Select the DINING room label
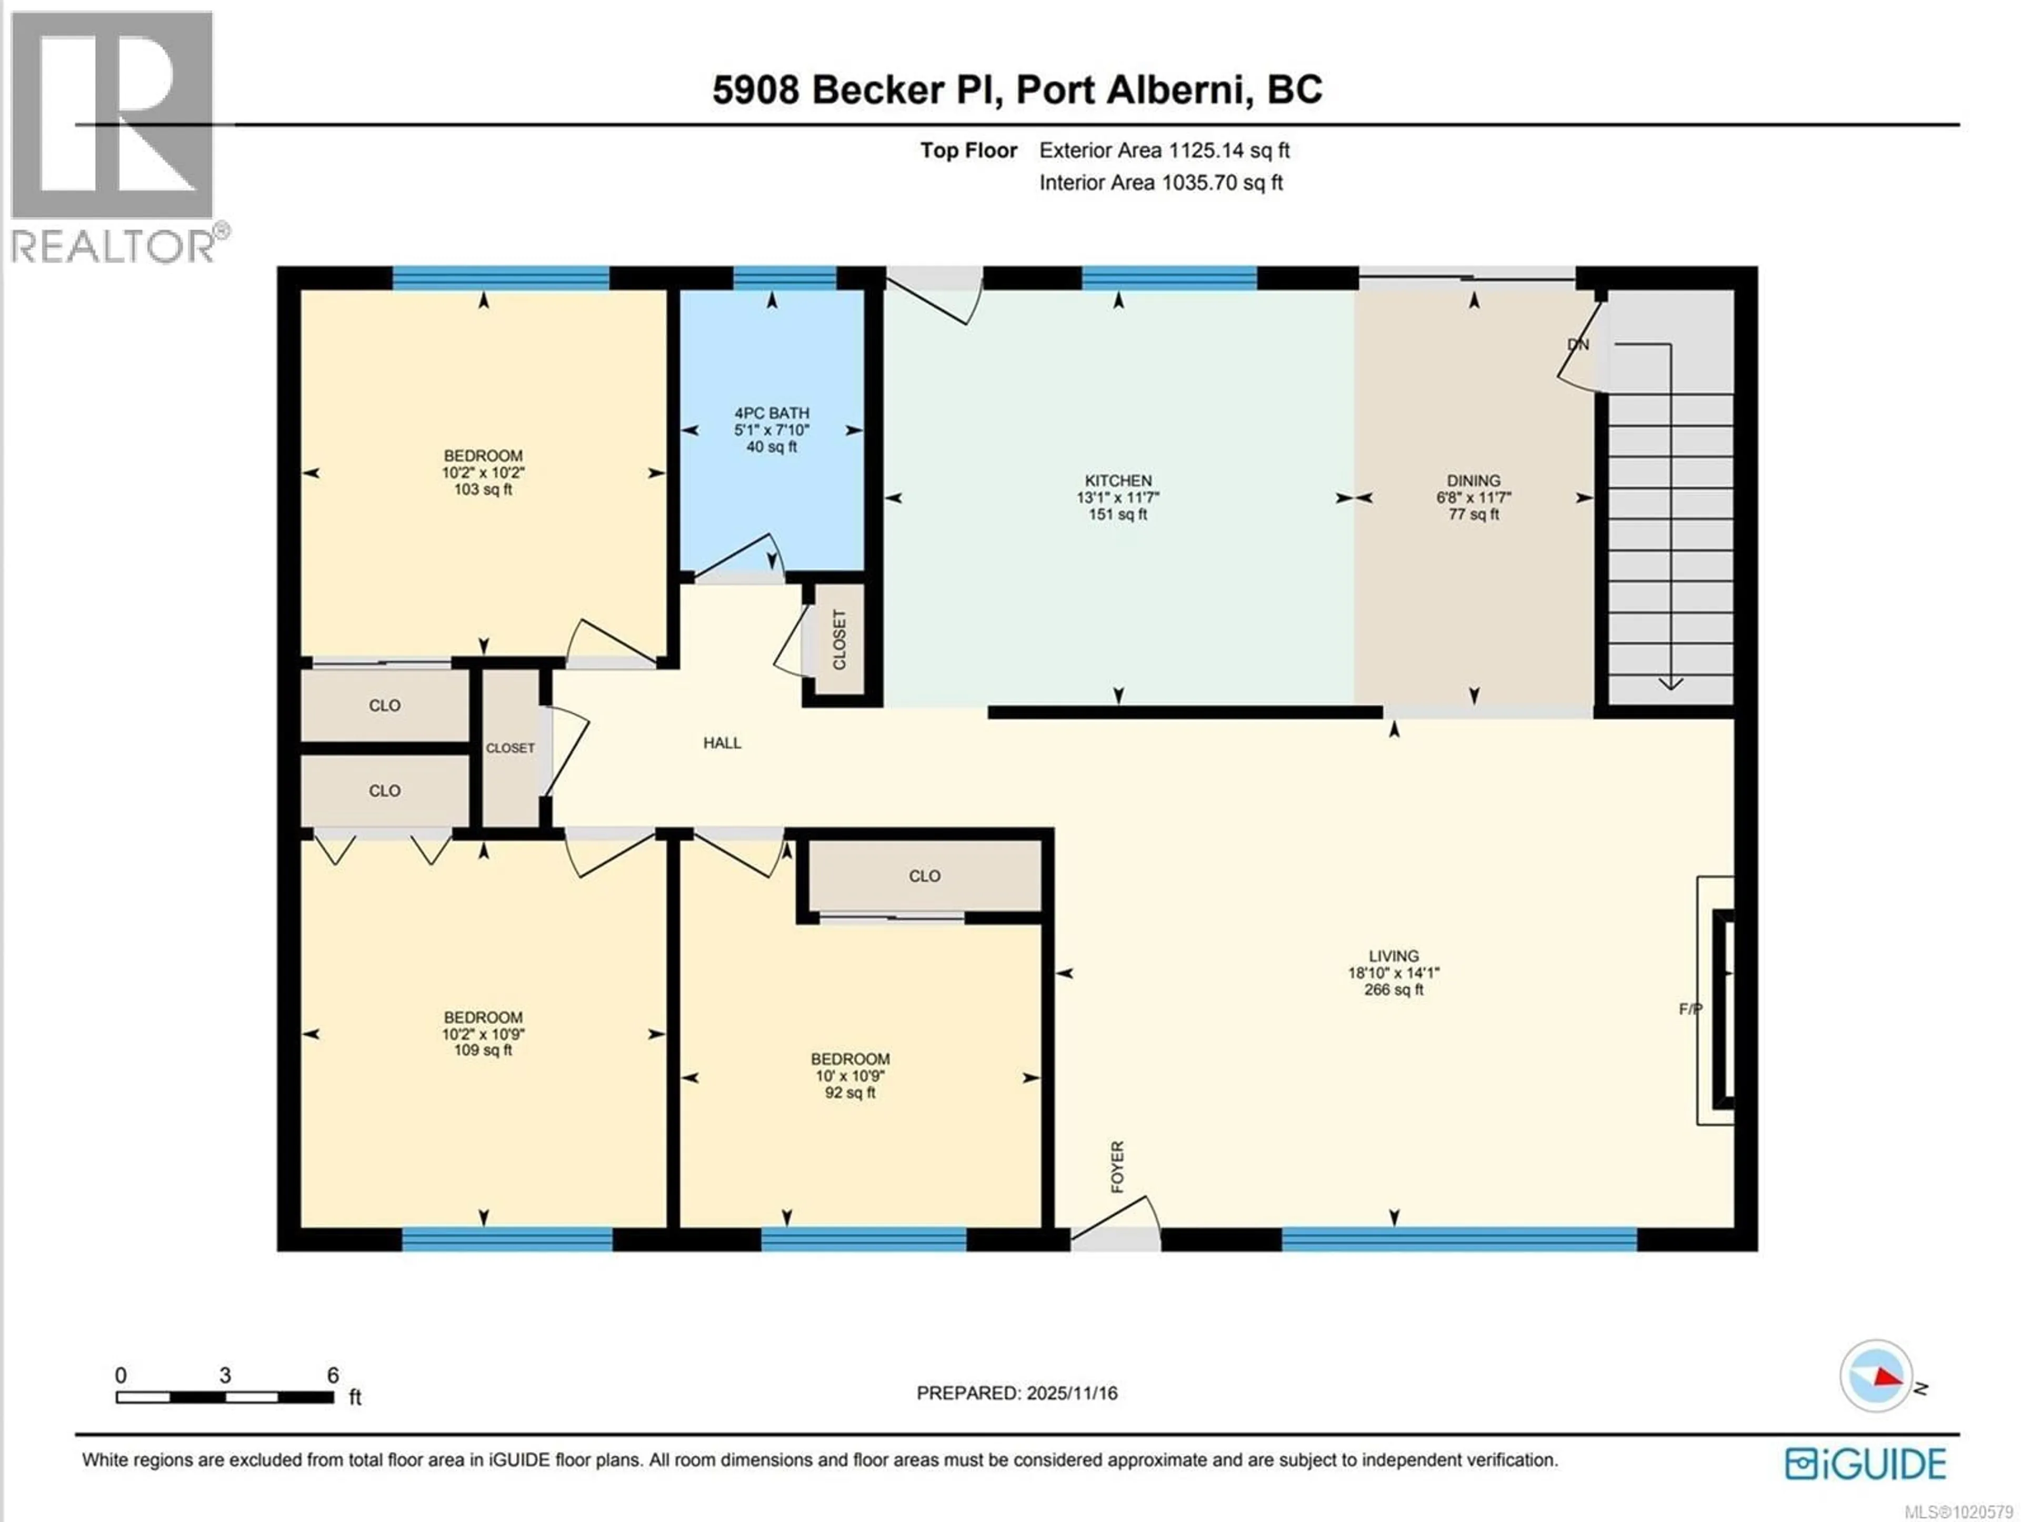pos(1473,480)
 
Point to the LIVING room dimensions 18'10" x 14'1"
pos(1393,973)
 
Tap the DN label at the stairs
pos(1578,345)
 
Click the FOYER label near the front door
pos(1116,1167)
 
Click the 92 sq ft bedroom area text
pos(849,1093)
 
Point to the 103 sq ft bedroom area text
pos(483,490)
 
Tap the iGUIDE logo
pos(1866,1464)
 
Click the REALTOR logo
pos(114,137)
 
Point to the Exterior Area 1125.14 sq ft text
pos(1164,151)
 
